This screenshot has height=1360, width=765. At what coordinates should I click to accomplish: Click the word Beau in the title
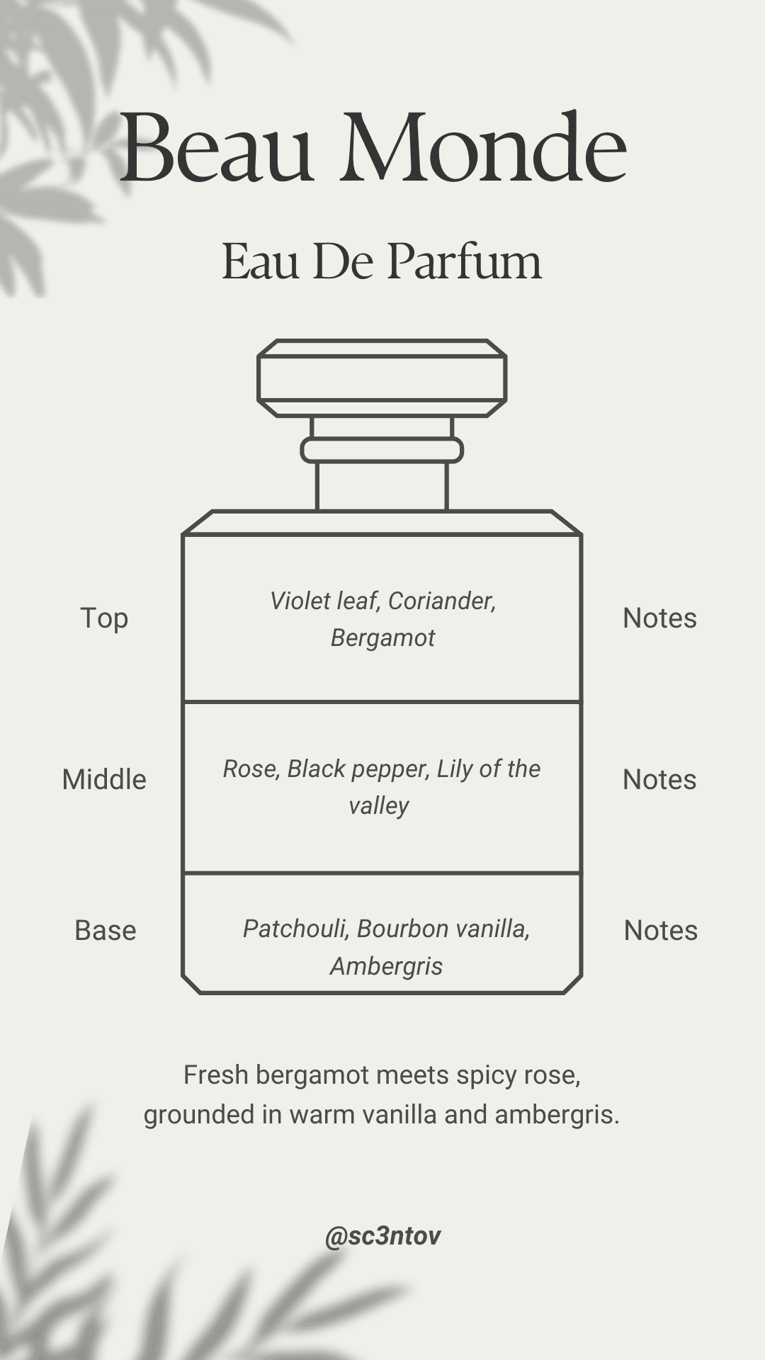[x=216, y=150]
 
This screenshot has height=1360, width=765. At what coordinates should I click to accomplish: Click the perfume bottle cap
[x=382, y=378]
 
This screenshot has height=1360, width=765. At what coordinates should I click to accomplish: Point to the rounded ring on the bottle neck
[x=382, y=450]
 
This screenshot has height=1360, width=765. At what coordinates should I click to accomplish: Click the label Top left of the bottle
[x=104, y=618]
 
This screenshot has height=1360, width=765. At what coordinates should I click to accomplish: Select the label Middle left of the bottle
[x=104, y=780]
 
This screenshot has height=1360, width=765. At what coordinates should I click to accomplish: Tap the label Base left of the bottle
[x=105, y=931]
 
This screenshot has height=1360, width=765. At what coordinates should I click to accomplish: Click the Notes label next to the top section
[x=659, y=618]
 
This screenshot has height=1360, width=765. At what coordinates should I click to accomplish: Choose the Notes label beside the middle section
[x=659, y=780]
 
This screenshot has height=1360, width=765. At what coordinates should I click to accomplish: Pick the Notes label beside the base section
[x=660, y=931]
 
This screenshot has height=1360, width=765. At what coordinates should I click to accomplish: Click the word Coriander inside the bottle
[x=441, y=601]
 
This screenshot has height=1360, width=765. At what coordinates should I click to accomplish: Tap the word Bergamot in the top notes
[x=382, y=638]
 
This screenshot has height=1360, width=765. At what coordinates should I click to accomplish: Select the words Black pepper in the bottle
[x=358, y=769]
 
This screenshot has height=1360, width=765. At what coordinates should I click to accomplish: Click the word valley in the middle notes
[x=379, y=806]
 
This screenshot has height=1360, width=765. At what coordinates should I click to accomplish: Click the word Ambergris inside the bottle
[x=386, y=966]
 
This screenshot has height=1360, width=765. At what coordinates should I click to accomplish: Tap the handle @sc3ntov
[x=382, y=1236]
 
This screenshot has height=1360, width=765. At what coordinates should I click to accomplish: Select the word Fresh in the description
[x=216, y=1075]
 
